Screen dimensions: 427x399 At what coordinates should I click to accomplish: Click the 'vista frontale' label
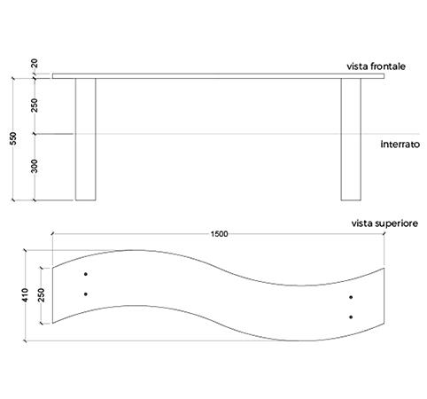tap(376, 66)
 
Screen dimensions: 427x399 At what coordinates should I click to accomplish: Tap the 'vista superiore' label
tap(384, 223)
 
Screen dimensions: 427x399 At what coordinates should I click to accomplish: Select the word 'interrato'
tap(400, 145)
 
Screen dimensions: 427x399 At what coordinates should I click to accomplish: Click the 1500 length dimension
tap(219, 234)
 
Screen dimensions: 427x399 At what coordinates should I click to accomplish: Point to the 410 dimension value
tap(25, 295)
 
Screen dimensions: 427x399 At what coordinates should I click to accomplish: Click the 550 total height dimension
tap(13, 138)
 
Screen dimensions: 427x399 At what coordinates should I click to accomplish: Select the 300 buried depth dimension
tap(35, 166)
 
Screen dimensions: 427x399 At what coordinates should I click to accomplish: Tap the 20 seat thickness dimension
tap(35, 64)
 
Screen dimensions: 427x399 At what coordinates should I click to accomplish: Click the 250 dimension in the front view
tap(35, 106)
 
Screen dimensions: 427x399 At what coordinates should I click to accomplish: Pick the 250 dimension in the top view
tap(42, 295)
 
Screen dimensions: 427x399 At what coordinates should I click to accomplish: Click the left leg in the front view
tap(86, 139)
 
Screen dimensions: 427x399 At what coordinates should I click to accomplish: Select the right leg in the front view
tap(351, 139)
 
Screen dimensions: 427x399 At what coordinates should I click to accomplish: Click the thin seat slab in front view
tap(219, 76)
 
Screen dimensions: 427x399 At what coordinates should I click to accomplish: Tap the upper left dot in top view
tap(86, 274)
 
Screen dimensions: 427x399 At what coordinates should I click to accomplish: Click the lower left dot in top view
tap(86, 294)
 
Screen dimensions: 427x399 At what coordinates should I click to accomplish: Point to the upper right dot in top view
tap(351, 297)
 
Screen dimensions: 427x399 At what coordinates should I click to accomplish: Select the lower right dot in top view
tap(351, 317)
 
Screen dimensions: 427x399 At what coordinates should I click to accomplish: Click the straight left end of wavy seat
tap(52, 295)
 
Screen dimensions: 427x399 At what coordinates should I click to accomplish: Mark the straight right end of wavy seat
tap(384, 295)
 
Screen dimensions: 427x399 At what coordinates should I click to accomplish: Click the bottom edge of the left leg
tap(86, 200)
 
